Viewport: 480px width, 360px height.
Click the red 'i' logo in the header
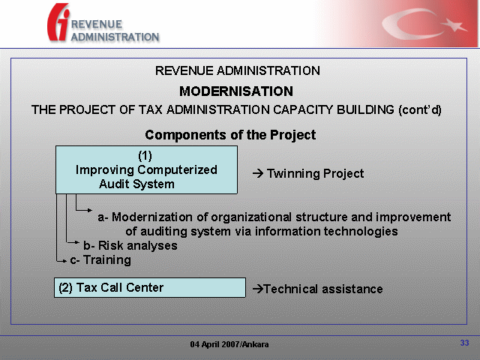[x=58, y=22]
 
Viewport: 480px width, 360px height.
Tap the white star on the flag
[x=455, y=25]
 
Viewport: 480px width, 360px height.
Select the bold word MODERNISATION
[x=236, y=91]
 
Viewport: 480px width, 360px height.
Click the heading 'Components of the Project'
[x=230, y=135]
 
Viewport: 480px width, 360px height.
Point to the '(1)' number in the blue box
[x=145, y=156]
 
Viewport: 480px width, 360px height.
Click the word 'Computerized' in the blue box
[x=177, y=170]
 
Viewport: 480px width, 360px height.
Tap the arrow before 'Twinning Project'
[x=258, y=173]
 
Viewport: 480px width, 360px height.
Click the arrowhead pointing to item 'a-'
[x=90, y=210]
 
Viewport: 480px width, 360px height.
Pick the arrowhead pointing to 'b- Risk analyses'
[x=77, y=242]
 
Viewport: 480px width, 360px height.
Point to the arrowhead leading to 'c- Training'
[x=64, y=261]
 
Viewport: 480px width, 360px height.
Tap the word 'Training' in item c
[x=107, y=260]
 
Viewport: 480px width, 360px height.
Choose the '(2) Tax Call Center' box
[x=150, y=287]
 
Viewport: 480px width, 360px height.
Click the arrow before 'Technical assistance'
[x=258, y=289]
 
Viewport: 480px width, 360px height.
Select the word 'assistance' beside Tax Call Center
[x=352, y=289]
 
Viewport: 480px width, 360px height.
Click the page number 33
[x=464, y=343]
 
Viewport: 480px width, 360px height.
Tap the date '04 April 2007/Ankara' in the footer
[x=229, y=344]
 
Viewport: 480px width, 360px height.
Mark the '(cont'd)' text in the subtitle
[x=420, y=109]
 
